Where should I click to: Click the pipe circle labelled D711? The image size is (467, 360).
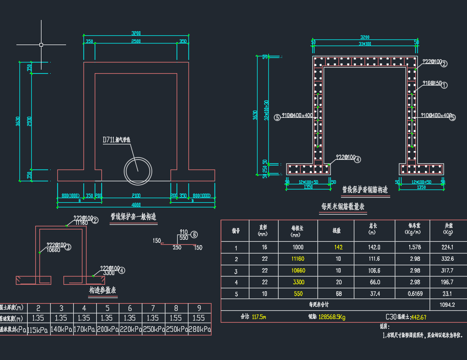coord(138,168)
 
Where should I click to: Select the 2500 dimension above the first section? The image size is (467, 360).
coord(136,41)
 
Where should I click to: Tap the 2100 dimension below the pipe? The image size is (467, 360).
coord(136,196)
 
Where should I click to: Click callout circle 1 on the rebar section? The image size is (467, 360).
coord(444,85)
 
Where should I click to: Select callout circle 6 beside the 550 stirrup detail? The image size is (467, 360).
coord(194,235)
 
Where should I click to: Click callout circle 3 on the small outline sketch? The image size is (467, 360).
coord(68,246)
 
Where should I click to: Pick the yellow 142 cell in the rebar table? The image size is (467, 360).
coord(337,247)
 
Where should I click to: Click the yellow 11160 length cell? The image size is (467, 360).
coord(298,259)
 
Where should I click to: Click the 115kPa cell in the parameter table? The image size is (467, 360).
coord(38,330)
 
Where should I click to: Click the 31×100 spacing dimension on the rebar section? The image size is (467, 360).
coord(365,44)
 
